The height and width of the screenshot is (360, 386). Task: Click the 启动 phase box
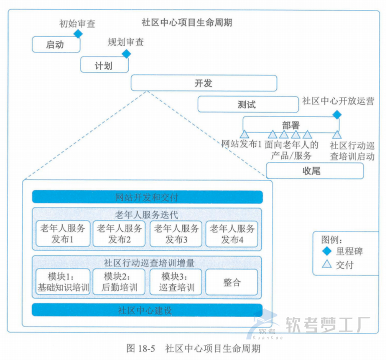56,44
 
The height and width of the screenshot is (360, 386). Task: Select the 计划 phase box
104,65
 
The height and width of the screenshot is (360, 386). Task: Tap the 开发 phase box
203,83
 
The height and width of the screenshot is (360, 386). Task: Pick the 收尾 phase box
314,171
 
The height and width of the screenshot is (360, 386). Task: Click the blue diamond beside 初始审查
78,33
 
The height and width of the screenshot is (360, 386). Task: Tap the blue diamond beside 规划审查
126,53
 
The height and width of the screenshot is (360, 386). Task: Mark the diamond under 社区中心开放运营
337,114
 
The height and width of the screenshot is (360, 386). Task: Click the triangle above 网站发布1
244,134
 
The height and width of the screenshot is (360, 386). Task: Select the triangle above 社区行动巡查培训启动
337,134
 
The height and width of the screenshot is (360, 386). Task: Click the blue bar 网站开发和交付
147,197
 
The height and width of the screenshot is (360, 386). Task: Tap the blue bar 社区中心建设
147,310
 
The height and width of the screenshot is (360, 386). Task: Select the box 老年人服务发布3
176,234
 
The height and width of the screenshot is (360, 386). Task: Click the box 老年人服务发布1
63,234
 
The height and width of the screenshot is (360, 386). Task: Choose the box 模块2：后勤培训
119,282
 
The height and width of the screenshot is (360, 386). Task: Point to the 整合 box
232,282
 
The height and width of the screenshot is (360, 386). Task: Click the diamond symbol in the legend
327,251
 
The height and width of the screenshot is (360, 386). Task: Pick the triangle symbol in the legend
327,264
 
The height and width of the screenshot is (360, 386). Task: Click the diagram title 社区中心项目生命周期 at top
187,23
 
